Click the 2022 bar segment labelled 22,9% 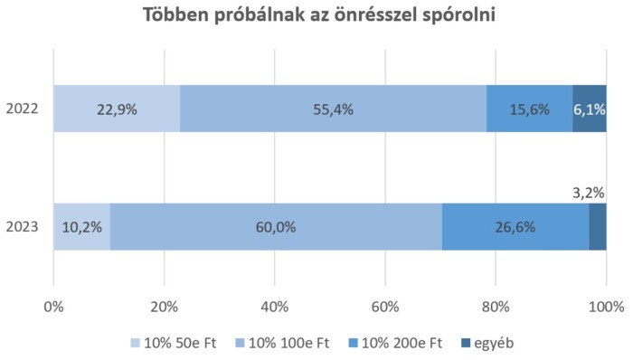tap(116, 109)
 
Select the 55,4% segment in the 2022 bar tap(333, 109)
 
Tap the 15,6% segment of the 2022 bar tap(530, 109)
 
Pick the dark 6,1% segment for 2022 tap(590, 109)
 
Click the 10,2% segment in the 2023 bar tap(81, 227)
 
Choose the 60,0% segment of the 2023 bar tap(276, 227)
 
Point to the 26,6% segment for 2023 tap(515, 227)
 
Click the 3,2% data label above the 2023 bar tap(589, 192)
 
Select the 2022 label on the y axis tap(23, 109)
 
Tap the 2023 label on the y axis tap(23, 227)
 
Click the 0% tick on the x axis tap(53, 306)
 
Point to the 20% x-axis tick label tap(164, 306)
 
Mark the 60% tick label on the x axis tap(385, 306)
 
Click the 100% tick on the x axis tap(605, 306)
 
